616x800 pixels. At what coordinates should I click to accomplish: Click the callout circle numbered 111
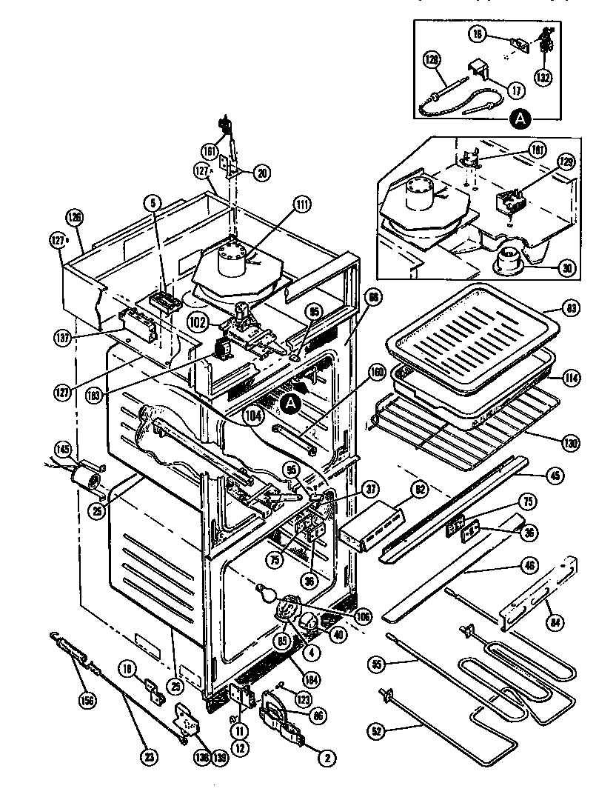[300, 207]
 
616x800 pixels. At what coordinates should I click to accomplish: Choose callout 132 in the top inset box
[544, 76]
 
